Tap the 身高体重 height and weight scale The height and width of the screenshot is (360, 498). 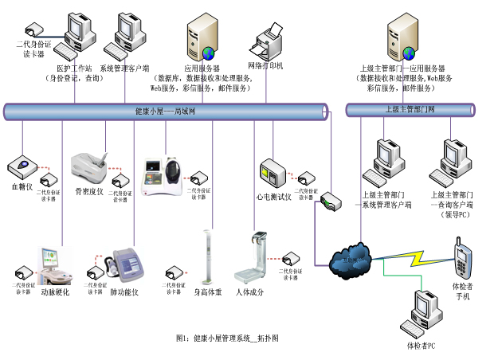pos(208,259)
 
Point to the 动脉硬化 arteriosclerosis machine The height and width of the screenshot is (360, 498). pos(55,267)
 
